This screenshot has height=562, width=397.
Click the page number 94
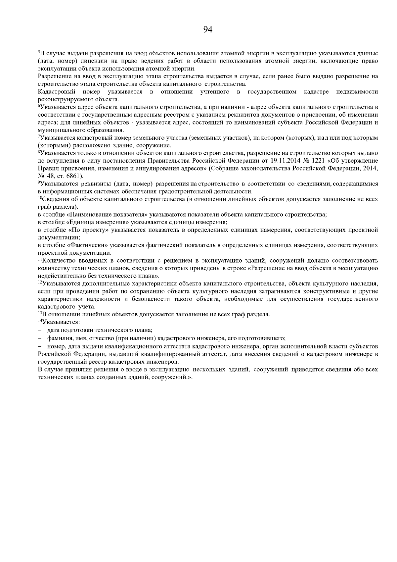tap(207, 30)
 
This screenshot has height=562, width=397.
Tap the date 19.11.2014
tap(287, 161)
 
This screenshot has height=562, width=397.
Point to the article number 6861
tap(72, 176)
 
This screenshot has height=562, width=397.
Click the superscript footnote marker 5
tap(39, 52)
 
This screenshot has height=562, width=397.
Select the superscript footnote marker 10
tap(40, 198)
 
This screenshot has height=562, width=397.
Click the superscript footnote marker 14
tap(40, 321)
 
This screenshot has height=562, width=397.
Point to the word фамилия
tap(59, 338)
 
